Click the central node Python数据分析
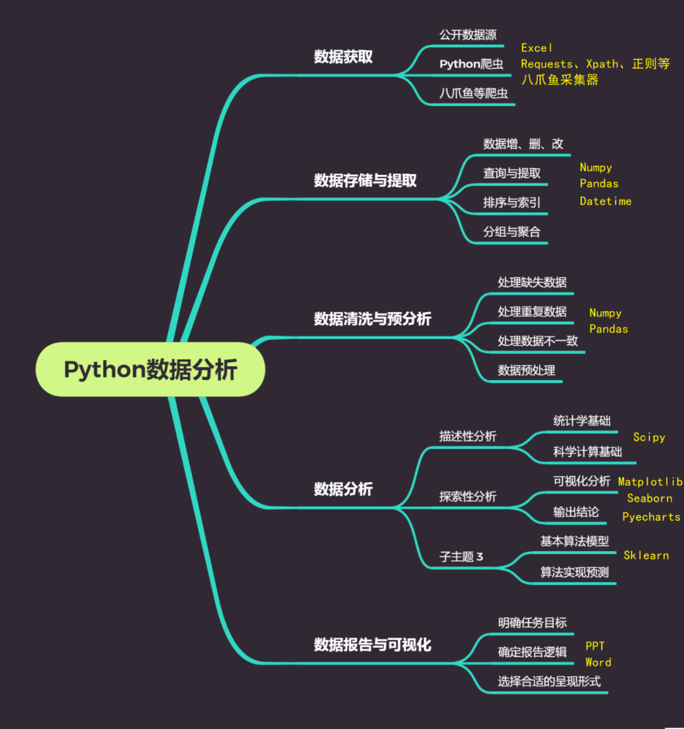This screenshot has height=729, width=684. click(150, 369)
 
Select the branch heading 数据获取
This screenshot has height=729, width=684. click(343, 57)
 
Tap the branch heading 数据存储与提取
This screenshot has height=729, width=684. click(365, 181)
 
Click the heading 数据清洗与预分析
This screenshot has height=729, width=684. click(372, 319)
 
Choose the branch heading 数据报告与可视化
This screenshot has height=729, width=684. click(372, 645)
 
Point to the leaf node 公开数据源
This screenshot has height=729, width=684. click(468, 35)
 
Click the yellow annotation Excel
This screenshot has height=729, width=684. click(536, 48)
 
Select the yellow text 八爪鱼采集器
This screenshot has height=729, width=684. click(559, 80)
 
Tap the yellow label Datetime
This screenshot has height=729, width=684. click(605, 201)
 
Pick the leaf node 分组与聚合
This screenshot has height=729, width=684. click(512, 232)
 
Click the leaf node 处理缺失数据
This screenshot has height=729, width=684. click(532, 282)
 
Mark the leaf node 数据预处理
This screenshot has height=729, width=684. click(526, 371)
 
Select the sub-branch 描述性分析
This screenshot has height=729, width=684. click(468, 436)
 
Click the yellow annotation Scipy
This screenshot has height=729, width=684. click(649, 437)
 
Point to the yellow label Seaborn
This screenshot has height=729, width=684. click(650, 498)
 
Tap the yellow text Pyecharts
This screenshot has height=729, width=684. click(651, 517)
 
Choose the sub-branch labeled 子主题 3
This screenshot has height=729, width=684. click(461, 557)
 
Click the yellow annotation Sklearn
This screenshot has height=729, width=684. click(646, 555)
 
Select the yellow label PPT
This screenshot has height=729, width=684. click(595, 646)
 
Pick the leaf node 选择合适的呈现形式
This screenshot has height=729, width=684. click(549, 681)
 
